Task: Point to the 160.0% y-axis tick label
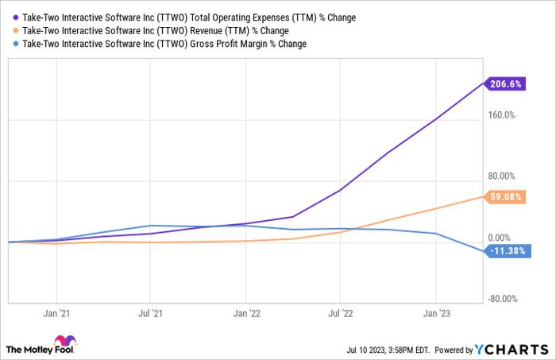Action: tap(501, 115)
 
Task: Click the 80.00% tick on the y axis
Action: tap(501, 176)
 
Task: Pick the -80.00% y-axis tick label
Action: tap(502, 300)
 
